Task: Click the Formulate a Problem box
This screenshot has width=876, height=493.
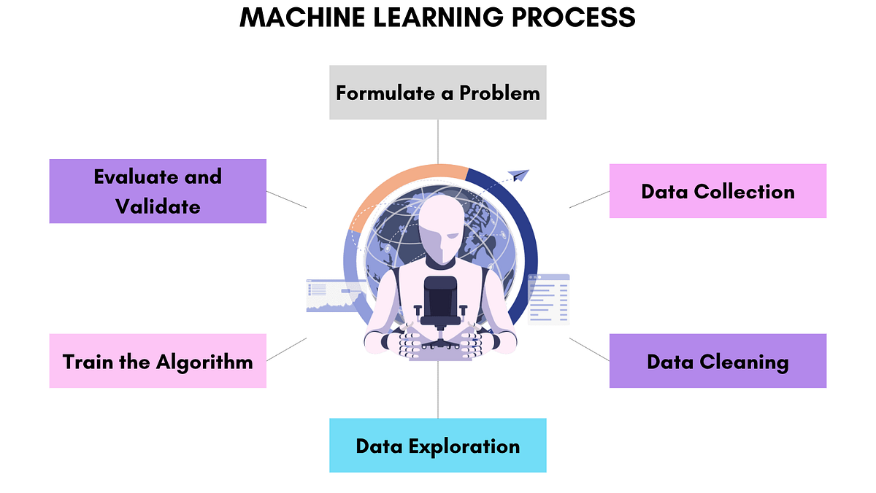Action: [x=438, y=93]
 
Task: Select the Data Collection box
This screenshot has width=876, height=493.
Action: [x=718, y=191]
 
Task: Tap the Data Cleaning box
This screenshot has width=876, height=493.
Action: [x=718, y=361]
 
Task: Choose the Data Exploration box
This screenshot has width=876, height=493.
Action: [x=438, y=445]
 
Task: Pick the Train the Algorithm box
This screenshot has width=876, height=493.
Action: [x=158, y=361]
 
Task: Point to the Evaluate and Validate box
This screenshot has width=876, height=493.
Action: [x=158, y=191]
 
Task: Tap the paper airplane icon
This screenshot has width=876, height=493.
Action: [x=519, y=175]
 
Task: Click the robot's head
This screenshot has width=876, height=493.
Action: [x=442, y=230]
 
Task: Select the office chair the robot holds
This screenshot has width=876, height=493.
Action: [x=441, y=306]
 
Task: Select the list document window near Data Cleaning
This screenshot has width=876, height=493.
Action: [x=549, y=299]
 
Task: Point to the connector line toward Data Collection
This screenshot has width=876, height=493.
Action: [x=589, y=199]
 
